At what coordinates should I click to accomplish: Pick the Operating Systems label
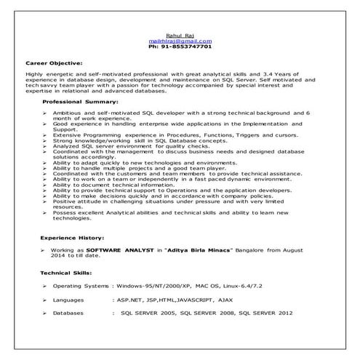(80, 287)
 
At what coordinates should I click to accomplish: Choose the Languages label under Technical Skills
(68, 299)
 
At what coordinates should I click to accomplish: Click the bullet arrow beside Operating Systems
(45, 287)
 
